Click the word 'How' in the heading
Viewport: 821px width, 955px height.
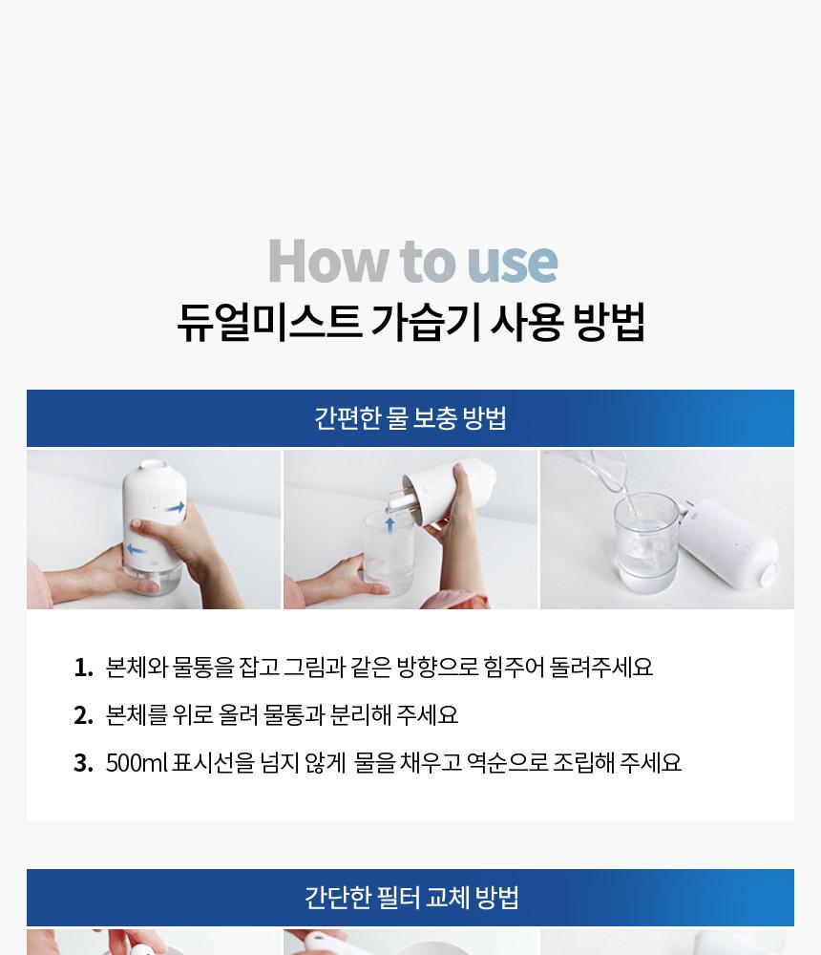click(x=328, y=262)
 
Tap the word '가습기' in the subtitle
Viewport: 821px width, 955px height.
click(x=425, y=321)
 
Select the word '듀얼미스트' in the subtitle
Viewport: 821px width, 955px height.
click(x=269, y=321)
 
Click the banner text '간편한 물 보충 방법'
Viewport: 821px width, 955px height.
click(x=410, y=418)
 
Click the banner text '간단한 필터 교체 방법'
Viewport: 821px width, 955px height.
click(x=411, y=897)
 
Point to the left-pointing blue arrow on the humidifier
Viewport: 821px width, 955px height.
click(x=136, y=550)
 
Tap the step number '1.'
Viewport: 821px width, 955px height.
click(x=83, y=668)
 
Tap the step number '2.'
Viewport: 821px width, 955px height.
click(x=83, y=715)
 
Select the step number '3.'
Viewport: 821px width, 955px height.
click(x=83, y=762)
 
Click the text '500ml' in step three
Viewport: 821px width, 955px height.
click(x=137, y=762)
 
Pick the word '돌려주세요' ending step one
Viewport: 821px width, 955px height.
click(x=601, y=667)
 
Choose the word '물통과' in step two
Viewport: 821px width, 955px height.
click(x=294, y=714)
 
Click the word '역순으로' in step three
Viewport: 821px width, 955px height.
click(x=507, y=762)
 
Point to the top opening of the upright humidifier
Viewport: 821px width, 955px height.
click(x=153, y=465)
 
